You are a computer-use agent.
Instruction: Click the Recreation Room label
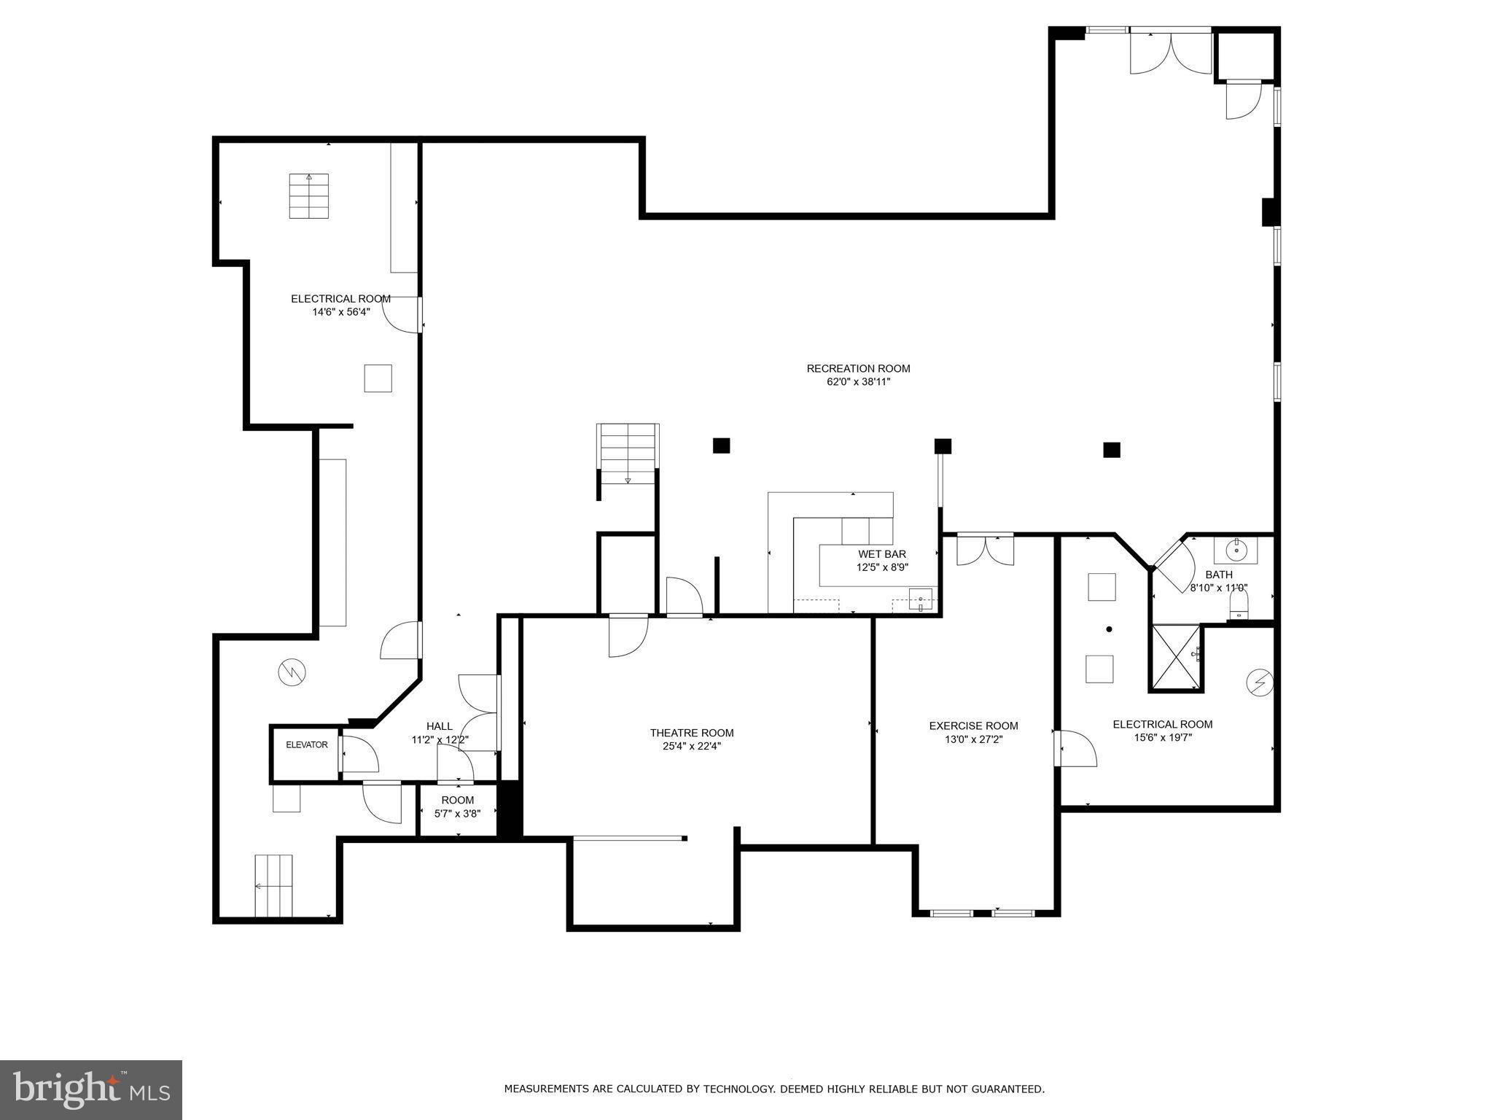pos(858,368)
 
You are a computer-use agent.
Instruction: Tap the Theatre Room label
pos(692,733)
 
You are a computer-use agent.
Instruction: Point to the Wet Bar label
pos(882,554)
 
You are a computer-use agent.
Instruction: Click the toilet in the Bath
pos(1239,604)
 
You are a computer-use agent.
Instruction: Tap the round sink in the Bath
pos(1235,549)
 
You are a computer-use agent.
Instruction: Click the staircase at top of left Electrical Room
pos(309,195)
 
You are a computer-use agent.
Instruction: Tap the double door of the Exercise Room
pos(985,550)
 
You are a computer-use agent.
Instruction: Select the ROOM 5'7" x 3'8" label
pos(458,806)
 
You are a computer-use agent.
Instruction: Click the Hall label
pos(440,726)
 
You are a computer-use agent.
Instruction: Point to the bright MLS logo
pos(91,1089)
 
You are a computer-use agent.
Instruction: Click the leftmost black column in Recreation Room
pos(721,446)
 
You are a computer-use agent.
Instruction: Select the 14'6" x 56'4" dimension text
pos(341,312)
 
